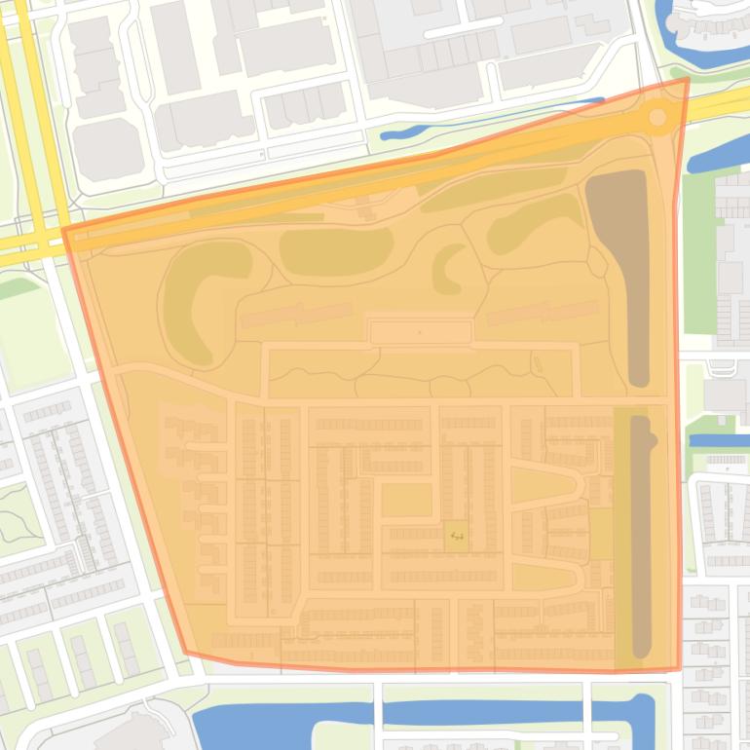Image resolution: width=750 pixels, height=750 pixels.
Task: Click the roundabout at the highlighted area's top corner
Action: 657,118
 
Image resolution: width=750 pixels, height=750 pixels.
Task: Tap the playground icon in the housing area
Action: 456,535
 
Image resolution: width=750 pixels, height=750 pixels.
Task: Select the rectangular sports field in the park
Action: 421,332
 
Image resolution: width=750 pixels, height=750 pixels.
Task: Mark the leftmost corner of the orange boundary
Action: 64,230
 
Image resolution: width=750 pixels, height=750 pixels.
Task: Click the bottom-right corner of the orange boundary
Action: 678,669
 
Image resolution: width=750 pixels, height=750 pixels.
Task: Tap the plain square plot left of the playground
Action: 406,501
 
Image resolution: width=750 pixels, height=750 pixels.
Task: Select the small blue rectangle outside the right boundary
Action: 719,440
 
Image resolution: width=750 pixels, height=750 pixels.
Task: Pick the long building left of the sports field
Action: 296,314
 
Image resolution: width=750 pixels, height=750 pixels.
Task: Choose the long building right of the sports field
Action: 543,313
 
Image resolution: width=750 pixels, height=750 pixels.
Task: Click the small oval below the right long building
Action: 537,364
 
